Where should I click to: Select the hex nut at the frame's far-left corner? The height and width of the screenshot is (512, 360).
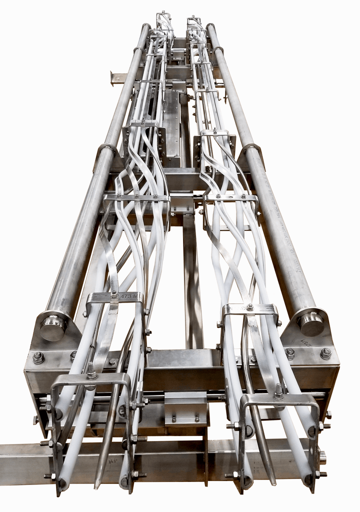(38, 357)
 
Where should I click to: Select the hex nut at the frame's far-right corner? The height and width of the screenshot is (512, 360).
(325, 353)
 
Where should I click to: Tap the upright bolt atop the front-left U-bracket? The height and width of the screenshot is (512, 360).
(91, 371)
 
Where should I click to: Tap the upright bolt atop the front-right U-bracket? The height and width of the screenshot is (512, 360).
(278, 391)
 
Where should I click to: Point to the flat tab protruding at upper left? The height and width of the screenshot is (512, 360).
(118, 78)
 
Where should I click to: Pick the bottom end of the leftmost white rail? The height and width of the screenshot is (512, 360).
(62, 484)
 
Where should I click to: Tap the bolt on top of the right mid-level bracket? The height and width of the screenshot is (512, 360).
(249, 306)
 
